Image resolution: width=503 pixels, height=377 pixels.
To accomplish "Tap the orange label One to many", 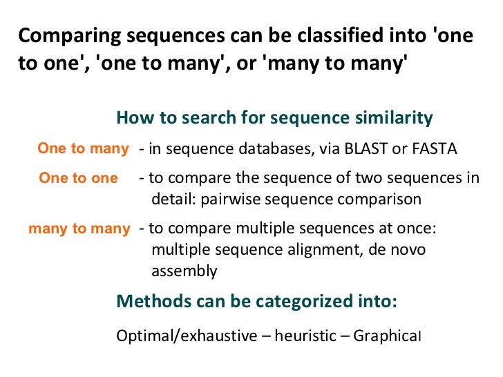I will point(83,148).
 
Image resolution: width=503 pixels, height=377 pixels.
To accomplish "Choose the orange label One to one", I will point(78,178).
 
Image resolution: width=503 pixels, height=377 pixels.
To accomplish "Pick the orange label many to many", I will point(79,229).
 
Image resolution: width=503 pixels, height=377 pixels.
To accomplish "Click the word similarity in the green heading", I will point(390,118).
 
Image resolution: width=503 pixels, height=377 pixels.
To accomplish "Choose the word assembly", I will point(184,271).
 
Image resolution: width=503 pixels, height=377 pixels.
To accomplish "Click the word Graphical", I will point(387,336).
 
